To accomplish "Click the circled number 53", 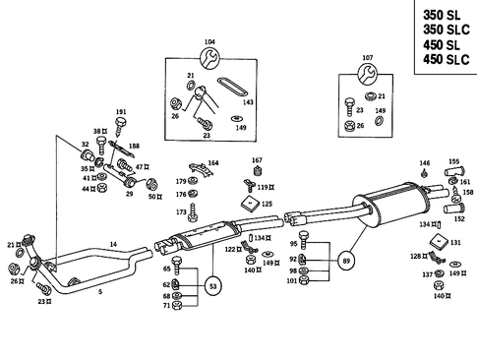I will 214,286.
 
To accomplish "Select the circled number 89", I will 345,262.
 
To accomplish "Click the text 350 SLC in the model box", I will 440,30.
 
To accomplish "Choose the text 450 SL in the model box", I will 436,46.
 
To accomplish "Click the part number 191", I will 121,112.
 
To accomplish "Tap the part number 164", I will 212,162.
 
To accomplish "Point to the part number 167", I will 257,160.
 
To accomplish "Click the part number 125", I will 266,204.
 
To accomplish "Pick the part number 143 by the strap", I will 248,102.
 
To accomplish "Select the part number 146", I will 424,162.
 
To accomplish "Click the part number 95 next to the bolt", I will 293,244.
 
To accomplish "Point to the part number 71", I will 166,306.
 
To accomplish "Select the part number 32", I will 86,145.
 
